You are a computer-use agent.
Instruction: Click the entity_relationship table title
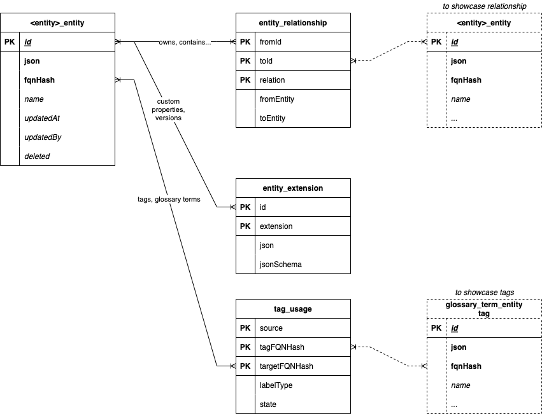tap(293, 23)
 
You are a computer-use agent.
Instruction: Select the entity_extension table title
tap(293, 188)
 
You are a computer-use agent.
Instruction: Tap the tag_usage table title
tap(293, 309)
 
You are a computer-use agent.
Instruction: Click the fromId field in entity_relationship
tap(272, 42)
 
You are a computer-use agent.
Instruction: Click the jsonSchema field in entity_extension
tap(281, 265)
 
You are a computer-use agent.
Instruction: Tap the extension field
tap(276, 226)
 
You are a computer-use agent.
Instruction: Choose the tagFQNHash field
tap(282, 347)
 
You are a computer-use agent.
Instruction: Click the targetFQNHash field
tap(286, 366)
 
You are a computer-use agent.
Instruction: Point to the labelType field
tap(276, 385)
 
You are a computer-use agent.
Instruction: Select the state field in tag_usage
tap(268, 404)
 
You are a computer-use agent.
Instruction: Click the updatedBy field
tap(42, 137)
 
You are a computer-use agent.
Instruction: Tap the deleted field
tap(37, 156)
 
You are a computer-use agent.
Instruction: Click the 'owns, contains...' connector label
tap(185, 42)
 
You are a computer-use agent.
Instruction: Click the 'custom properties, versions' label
tap(168, 109)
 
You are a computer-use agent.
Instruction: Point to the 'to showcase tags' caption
tap(484, 293)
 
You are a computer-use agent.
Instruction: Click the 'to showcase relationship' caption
tap(484, 6)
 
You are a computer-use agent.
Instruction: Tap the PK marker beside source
tap(245, 328)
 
